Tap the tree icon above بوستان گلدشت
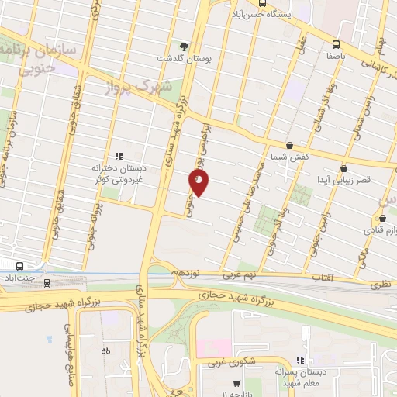pyautogui.click(x=184, y=46)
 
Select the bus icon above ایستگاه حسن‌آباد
pyautogui.click(x=262, y=2)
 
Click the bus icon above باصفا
pyautogui.click(x=336, y=44)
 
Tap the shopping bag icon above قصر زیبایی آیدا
pyautogui.click(x=343, y=167)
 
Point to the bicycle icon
pyautogui.click(x=105, y=350)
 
